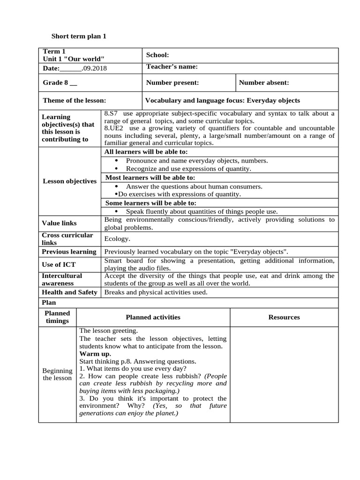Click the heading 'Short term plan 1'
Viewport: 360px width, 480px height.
(79, 36)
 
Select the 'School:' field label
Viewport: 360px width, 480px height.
(157, 55)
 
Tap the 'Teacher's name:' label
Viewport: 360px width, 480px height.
(172, 67)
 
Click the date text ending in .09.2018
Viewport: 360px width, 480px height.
(75, 68)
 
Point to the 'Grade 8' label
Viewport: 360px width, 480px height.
(60, 82)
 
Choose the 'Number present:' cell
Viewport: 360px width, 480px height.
(172, 82)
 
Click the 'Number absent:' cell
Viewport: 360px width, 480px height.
(264, 82)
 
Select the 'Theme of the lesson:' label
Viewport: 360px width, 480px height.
(74, 100)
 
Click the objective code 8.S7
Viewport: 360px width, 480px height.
(111, 113)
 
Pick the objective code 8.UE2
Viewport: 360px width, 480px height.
(114, 128)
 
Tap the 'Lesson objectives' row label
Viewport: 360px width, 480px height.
(69, 181)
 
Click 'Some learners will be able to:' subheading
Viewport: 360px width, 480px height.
(150, 203)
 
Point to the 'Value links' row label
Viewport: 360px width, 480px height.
(59, 223)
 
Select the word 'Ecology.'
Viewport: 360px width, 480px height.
(117, 239)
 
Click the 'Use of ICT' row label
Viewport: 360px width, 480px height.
(59, 264)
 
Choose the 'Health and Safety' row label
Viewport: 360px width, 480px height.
(69, 292)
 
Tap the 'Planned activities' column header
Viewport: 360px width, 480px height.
(153, 317)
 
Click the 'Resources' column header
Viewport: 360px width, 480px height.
(284, 317)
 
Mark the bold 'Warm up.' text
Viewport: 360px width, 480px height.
(95, 354)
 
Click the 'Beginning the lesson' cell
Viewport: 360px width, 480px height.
(57, 374)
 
